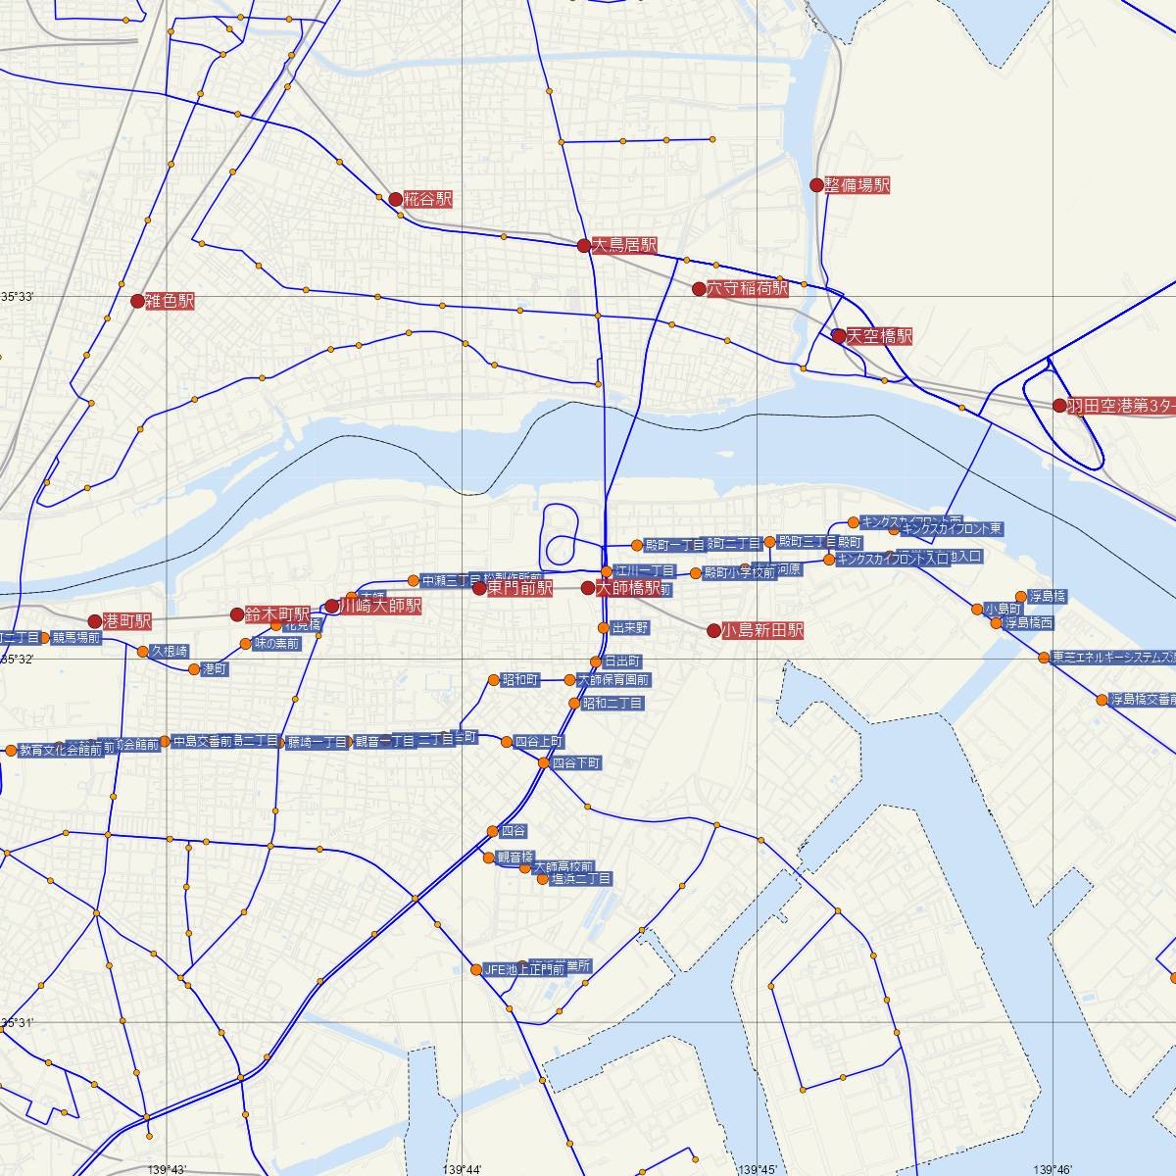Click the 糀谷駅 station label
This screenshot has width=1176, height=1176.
(428, 199)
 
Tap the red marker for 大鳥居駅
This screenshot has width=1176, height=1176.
(583, 245)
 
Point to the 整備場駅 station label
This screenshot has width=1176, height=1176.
(857, 184)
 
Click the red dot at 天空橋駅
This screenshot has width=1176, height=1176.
(838, 336)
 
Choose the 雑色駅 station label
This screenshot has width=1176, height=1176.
(169, 301)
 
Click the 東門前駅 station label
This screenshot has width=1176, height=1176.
(519, 588)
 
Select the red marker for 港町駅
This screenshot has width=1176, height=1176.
(94, 621)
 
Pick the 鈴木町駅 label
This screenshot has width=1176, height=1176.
(277, 613)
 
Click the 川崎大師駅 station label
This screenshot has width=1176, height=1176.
(379, 606)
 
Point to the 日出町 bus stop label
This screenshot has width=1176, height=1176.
(622, 661)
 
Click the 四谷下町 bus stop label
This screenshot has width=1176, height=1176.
(576, 762)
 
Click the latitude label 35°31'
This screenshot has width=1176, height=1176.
(17, 1023)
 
